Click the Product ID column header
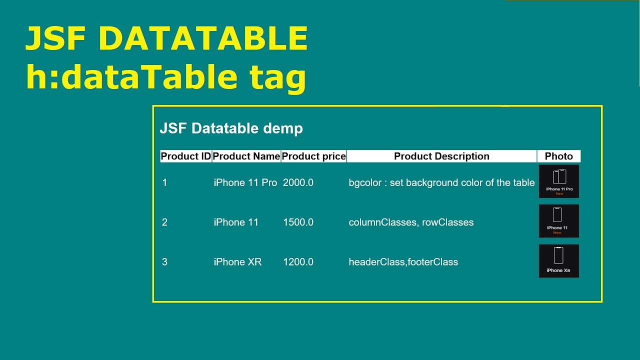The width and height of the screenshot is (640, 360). pos(186,156)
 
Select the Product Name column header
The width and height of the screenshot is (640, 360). pos(246,156)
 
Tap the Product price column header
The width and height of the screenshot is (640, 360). pos(313,156)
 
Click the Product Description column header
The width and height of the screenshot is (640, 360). pos(441,156)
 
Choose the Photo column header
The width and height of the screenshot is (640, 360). pos(558,156)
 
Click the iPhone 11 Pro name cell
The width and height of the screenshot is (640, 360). pos(245,183)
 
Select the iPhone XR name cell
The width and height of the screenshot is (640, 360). pos(237,262)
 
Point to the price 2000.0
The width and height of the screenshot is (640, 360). pos(298,183)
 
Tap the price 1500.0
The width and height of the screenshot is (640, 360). pos(298,222)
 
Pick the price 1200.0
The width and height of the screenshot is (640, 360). pos(298,262)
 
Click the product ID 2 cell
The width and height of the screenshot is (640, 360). pos(165,222)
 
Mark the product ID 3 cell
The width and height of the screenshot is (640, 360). pos(165,262)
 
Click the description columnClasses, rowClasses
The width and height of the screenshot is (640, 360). pos(411,222)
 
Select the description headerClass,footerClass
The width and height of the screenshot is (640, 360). pos(403,262)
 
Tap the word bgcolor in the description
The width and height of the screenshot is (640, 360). pos(365,183)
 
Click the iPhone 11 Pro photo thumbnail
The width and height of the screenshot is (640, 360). pos(559,181)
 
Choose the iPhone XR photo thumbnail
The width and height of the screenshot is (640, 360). pos(559,261)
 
